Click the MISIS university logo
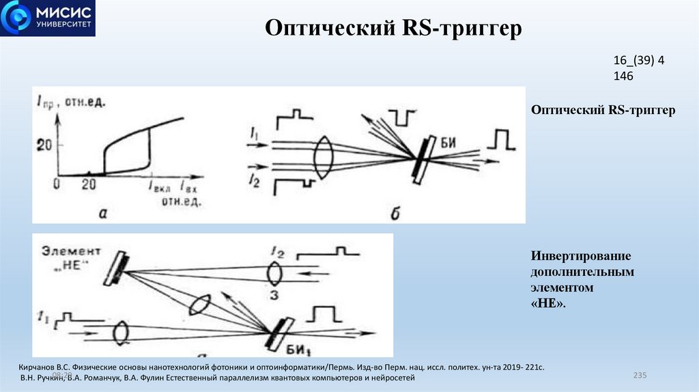click(x=47, y=18)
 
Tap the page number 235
click(x=640, y=376)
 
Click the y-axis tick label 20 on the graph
click(x=45, y=144)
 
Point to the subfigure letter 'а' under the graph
click(x=104, y=213)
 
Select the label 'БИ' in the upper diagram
click(x=448, y=143)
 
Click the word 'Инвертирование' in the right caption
click(x=580, y=255)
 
